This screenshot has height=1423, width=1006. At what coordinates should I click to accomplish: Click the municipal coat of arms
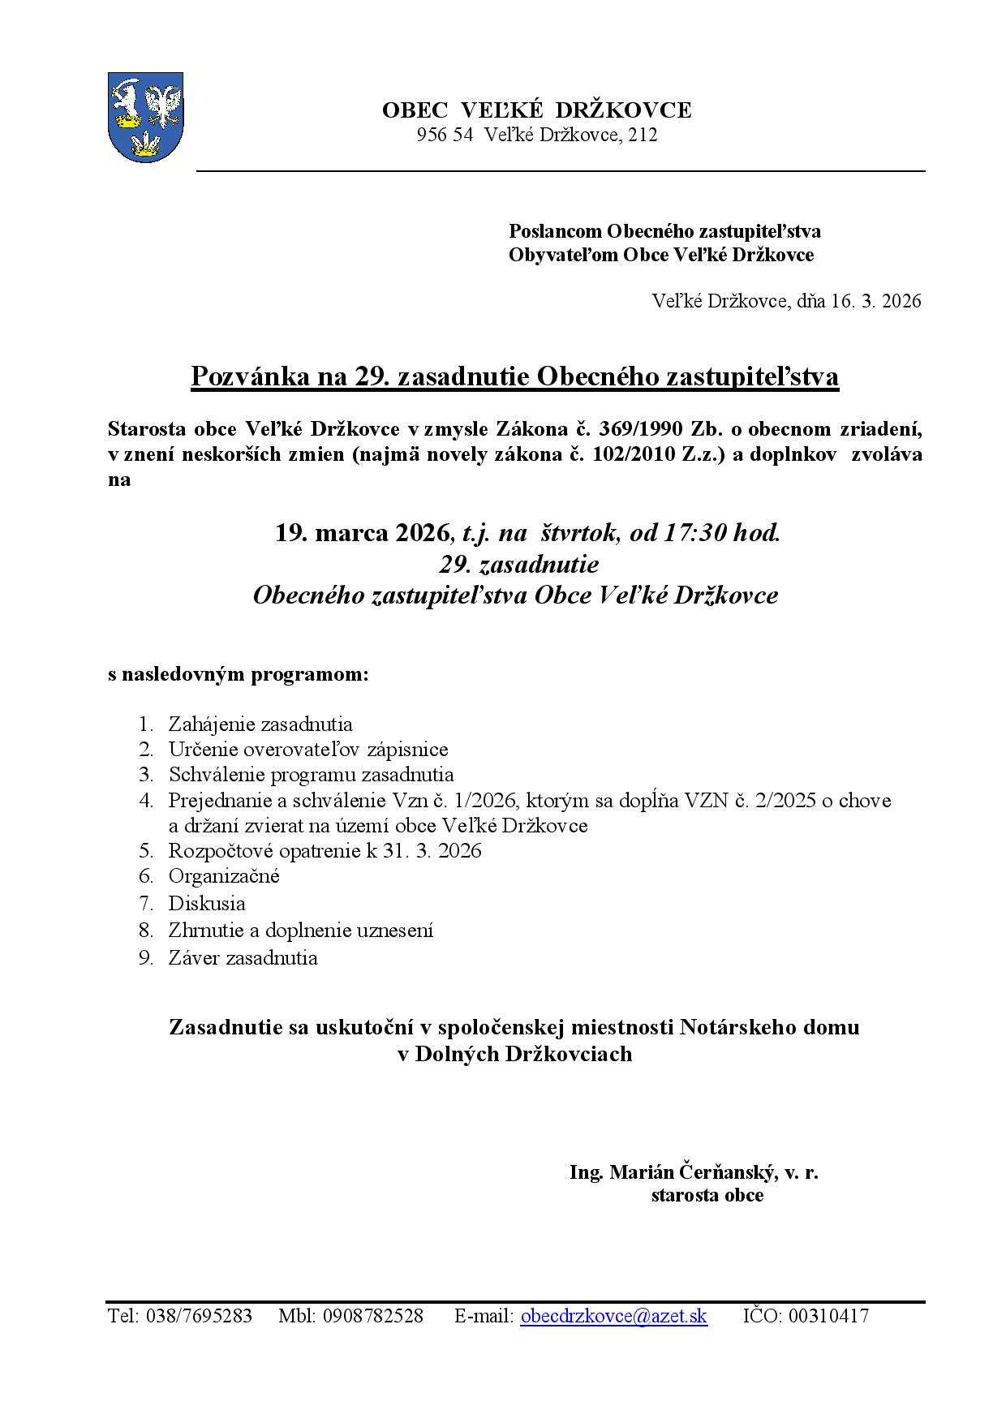145,117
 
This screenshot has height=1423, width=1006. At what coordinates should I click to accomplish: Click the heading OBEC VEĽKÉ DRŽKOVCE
536,110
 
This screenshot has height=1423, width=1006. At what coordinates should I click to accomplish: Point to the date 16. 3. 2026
875,301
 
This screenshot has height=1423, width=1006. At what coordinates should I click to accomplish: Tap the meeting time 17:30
695,533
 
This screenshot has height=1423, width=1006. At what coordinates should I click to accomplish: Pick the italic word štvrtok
580,533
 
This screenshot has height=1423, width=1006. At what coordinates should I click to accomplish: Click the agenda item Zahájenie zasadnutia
260,724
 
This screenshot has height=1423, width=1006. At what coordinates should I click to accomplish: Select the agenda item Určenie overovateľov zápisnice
308,750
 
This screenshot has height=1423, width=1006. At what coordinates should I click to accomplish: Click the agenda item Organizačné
224,876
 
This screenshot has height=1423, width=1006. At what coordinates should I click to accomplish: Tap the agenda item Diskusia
207,903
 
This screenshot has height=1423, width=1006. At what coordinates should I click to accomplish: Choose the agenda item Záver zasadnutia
243,957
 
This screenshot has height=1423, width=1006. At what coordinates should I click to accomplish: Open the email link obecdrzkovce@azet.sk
613,1316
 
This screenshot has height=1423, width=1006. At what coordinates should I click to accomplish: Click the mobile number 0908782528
373,1316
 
